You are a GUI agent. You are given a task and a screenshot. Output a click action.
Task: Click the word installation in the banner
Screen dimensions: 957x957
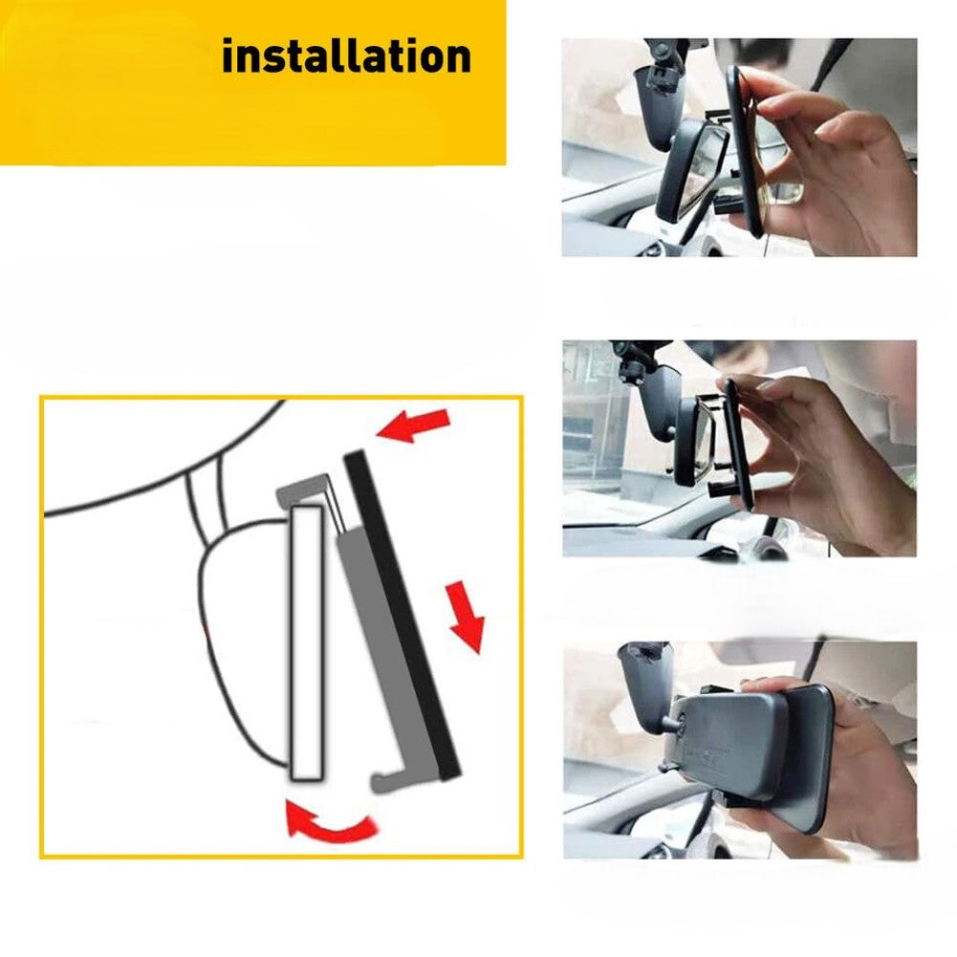(x=346, y=56)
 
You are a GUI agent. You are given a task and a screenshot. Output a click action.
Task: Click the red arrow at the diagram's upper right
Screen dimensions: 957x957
(x=414, y=424)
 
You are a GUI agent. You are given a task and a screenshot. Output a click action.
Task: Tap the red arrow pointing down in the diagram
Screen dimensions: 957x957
(x=466, y=617)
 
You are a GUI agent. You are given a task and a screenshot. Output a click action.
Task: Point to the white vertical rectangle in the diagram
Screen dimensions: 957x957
(x=306, y=642)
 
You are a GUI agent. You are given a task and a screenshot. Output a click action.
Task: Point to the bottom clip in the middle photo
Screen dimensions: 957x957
(x=723, y=489)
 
